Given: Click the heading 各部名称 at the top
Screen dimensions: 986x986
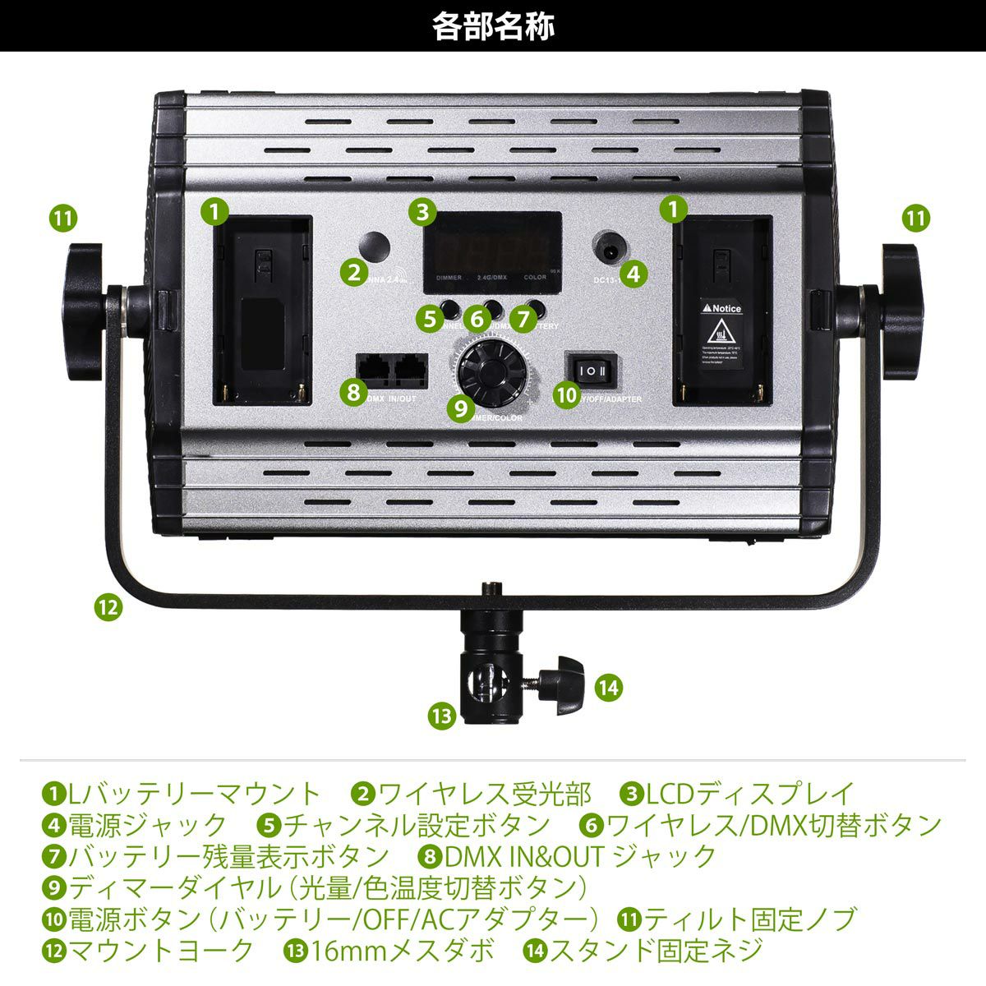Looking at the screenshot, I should click(x=493, y=25).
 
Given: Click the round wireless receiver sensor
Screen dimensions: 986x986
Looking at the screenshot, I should click(x=375, y=247).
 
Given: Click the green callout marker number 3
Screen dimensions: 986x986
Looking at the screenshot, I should click(x=422, y=212).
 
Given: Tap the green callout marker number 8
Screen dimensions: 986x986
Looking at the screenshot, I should click(x=353, y=392).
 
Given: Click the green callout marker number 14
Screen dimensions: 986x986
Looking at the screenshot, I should click(x=608, y=686).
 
